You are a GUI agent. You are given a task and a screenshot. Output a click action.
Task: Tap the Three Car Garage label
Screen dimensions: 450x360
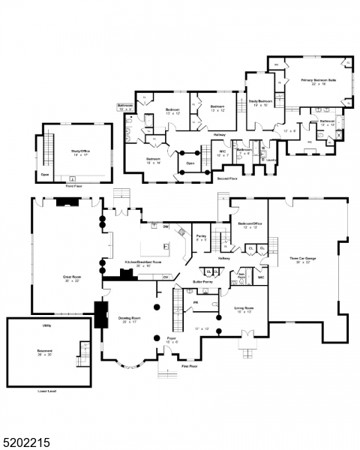(x=304, y=259)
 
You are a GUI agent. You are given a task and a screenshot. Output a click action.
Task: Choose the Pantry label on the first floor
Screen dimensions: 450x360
(x=201, y=237)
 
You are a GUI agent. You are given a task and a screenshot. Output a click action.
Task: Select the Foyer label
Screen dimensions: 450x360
(x=172, y=338)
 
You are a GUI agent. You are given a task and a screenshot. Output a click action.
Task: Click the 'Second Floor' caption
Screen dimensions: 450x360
(x=227, y=178)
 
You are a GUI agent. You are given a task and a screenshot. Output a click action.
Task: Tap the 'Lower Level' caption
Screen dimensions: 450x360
(x=47, y=391)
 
